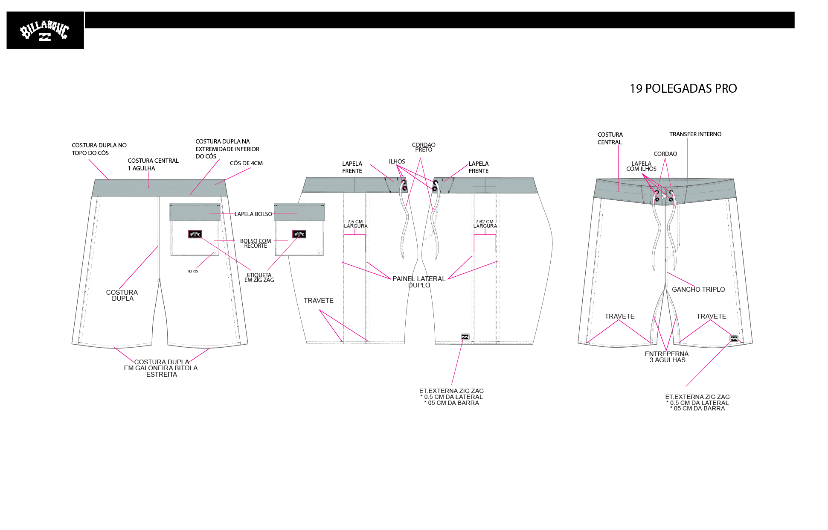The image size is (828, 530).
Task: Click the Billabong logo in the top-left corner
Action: [45, 30]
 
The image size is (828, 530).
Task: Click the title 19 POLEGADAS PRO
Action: [683, 88]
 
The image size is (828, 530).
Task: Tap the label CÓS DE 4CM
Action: [246, 163]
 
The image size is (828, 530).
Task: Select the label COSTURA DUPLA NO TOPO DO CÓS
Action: [99, 149]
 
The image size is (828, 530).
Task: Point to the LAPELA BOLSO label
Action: [253, 214]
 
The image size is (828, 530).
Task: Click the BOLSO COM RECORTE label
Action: [256, 243]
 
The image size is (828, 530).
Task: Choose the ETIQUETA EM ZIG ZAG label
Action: [259, 278]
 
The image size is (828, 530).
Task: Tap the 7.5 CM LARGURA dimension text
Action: [355, 224]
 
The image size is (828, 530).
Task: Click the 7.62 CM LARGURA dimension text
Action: [485, 224]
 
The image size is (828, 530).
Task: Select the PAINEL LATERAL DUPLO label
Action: [419, 282]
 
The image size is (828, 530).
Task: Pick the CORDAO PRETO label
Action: [424, 147]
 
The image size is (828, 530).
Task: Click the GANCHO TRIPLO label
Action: [698, 290]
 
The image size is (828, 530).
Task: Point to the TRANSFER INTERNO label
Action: [695, 134]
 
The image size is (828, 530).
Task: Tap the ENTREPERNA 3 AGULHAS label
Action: [667, 357]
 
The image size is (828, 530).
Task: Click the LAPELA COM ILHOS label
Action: [641, 166]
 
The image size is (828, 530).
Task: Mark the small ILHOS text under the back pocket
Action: [193, 271]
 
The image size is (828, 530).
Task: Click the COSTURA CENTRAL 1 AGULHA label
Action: [153, 164]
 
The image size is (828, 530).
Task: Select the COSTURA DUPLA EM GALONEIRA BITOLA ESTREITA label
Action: [161, 368]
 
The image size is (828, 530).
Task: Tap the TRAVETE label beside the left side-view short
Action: [319, 301]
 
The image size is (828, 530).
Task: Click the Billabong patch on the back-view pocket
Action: [195, 234]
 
